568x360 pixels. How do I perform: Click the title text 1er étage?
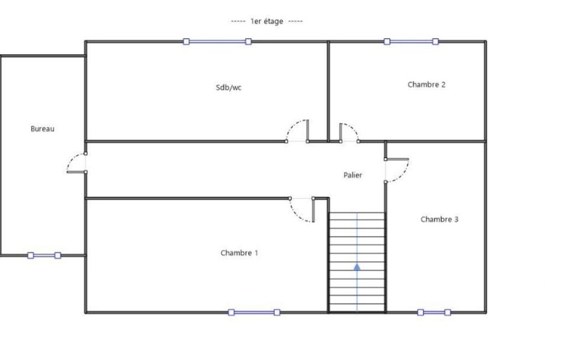[x=267, y=22]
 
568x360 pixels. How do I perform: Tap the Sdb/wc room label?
[x=228, y=88]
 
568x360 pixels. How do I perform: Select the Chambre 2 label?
[x=426, y=84]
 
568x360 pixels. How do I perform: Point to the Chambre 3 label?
[x=439, y=219]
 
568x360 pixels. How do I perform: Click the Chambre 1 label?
[x=239, y=253]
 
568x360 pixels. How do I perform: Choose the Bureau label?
[x=42, y=128]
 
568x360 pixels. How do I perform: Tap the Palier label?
[x=352, y=175]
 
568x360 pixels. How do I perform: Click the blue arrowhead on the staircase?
[x=357, y=267]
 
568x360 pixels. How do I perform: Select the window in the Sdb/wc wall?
[x=217, y=42]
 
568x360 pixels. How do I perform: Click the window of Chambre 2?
[x=411, y=42]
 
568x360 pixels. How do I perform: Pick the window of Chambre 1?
[x=254, y=312]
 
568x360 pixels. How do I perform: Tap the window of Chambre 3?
[x=434, y=312]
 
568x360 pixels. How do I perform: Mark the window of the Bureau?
[x=44, y=255]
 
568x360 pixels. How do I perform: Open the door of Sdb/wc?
[x=292, y=126]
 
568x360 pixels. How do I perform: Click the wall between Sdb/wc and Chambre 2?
[x=328, y=91]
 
